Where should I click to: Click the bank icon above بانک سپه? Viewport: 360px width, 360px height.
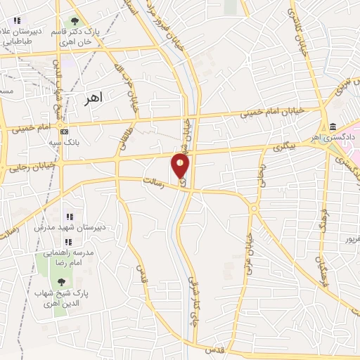click(x=64, y=131)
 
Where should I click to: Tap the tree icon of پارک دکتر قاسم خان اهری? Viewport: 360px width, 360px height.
click(x=74, y=20)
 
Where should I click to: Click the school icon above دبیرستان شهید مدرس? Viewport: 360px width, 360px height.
click(x=69, y=216)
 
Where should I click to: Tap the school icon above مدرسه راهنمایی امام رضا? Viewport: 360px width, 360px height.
click(x=69, y=242)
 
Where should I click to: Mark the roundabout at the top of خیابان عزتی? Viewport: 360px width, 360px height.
click(x=253, y=207)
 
